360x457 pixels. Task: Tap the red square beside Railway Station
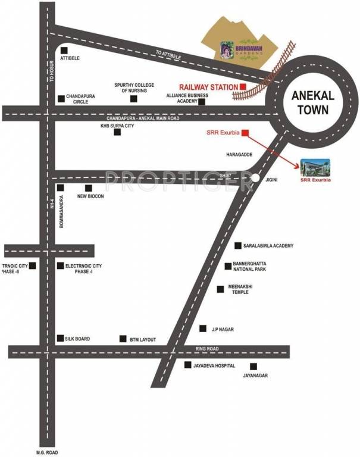click(243, 87)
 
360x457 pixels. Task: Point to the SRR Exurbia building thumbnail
click(315, 167)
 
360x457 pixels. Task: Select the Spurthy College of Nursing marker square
click(134, 98)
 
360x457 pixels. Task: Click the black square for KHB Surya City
click(117, 132)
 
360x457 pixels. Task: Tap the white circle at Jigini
click(255, 177)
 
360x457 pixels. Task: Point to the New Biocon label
click(91, 196)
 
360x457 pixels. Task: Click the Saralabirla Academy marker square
click(237, 245)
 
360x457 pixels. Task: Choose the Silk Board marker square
click(60, 338)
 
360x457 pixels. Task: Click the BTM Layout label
click(143, 339)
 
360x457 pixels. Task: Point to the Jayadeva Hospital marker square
click(187, 364)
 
